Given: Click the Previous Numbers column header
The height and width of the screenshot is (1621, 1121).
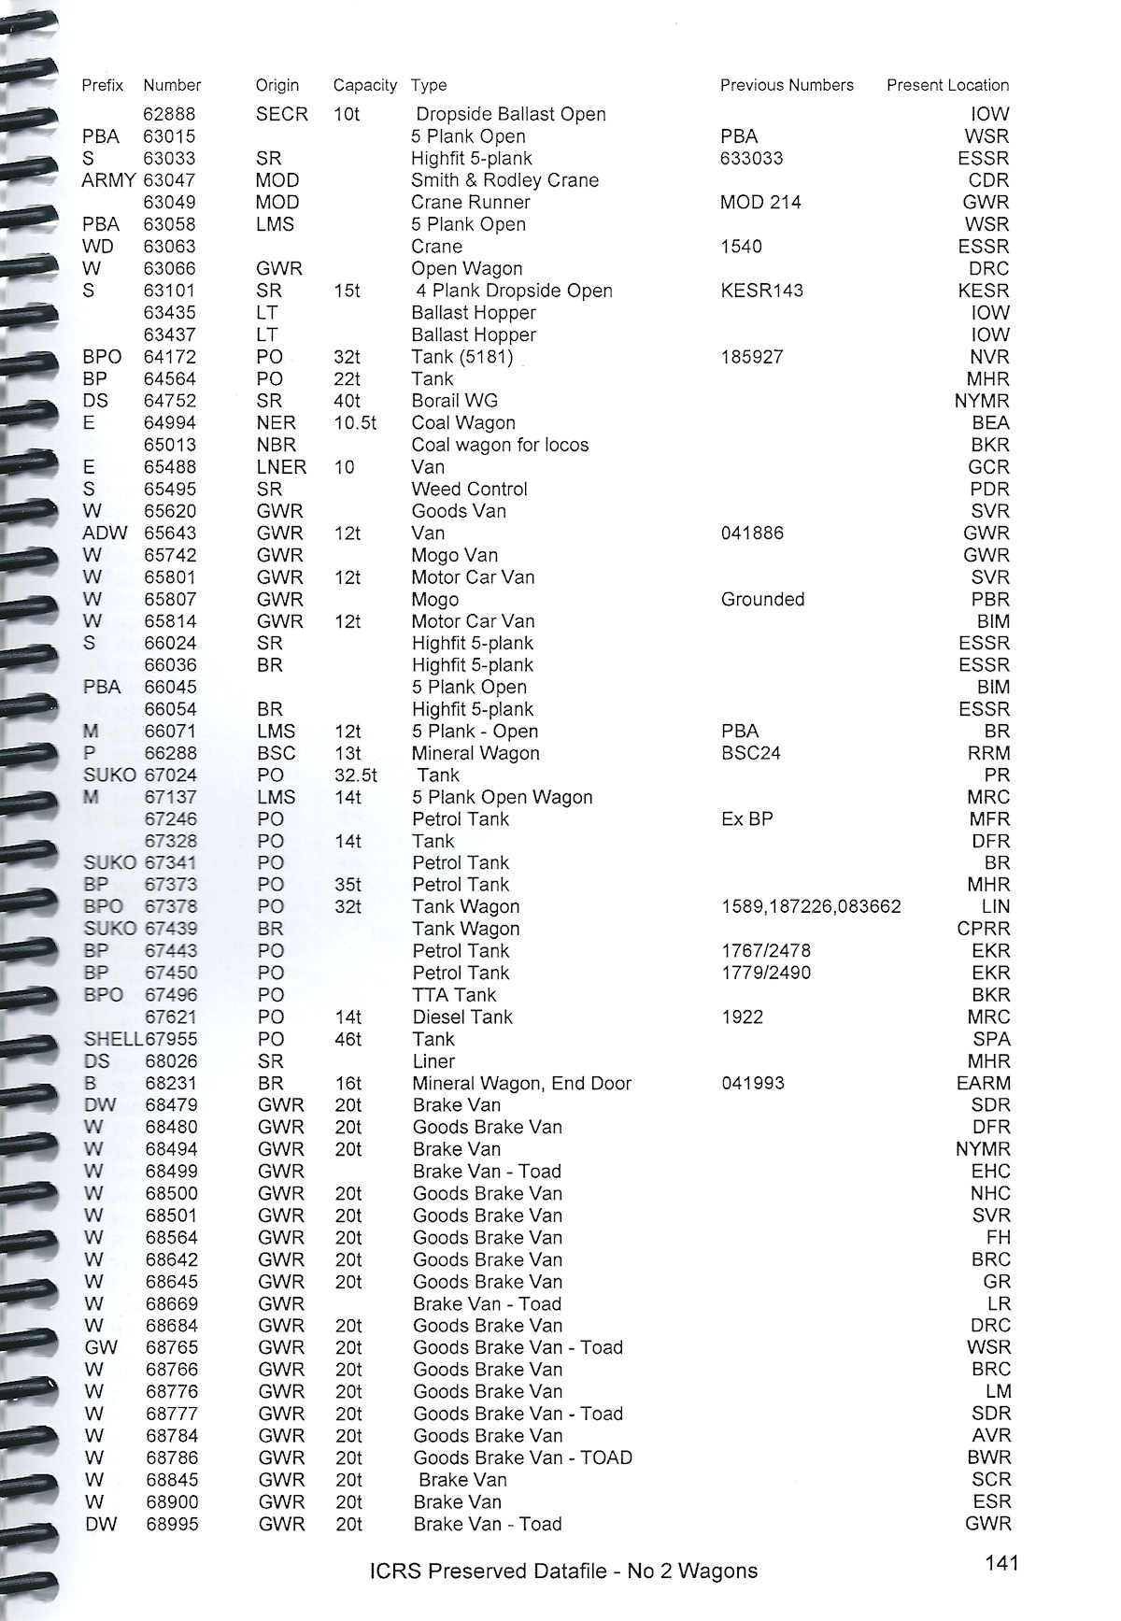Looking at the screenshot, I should click(x=787, y=85).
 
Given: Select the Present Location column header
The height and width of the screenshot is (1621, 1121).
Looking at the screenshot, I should click(x=947, y=85).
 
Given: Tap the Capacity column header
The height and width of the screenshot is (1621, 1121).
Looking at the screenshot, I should click(x=364, y=85).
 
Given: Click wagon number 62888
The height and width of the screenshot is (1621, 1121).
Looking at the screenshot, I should click(x=169, y=114).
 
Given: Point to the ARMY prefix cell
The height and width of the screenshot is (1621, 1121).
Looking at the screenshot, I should click(x=108, y=180).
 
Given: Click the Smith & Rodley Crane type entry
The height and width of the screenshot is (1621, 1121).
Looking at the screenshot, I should click(x=504, y=180).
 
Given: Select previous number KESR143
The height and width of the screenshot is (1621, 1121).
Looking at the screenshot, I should click(x=761, y=291).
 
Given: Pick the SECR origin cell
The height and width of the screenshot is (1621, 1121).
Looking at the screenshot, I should click(x=281, y=114).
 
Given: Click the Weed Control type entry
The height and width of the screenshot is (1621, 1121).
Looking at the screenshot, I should click(x=469, y=489).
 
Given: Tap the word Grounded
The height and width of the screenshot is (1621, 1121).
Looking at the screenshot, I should click(x=762, y=599).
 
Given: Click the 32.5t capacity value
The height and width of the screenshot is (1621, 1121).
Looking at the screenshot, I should click(x=356, y=775).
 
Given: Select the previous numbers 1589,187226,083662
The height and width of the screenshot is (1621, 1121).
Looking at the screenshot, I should click(x=811, y=907).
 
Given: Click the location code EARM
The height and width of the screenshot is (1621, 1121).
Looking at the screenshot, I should click(x=983, y=1083).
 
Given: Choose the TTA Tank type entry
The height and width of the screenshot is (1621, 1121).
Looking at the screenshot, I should click(x=454, y=995).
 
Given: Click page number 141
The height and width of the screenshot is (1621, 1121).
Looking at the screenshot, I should click(x=1001, y=1562).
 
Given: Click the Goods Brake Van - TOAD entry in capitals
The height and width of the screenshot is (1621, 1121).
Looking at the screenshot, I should click(x=522, y=1457).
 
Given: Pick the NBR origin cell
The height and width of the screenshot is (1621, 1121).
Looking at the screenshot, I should click(x=276, y=445).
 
